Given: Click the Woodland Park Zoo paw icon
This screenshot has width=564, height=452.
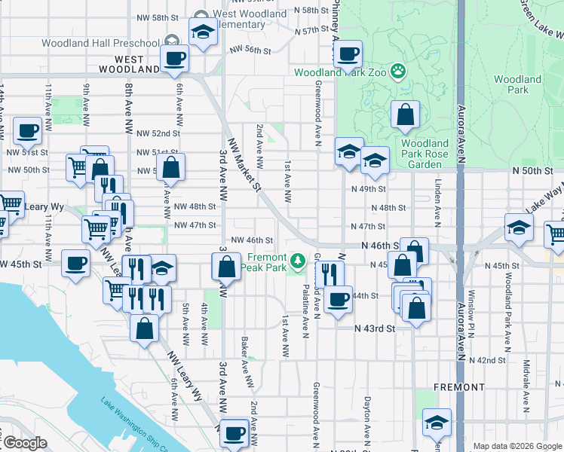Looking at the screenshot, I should [x=397, y=72].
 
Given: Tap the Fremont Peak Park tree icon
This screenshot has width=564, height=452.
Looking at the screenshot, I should [x=299, y=261].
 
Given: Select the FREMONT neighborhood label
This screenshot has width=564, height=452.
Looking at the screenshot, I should [x=460, y=387].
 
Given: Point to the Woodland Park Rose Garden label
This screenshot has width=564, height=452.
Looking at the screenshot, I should [x=425, y=154].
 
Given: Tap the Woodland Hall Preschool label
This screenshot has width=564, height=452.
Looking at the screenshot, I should [x=102, y=43].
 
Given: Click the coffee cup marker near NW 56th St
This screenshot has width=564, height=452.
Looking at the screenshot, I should [x=174, y=59].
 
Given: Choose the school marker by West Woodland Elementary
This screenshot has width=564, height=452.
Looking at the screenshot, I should [x=202, y=32].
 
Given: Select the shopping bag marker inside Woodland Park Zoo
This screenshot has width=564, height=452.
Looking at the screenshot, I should [x=406, y=115].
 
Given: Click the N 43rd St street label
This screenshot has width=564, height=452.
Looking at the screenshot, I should [x=375, y=328].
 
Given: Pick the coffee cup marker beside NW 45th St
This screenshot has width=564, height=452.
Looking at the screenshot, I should [x=75, y=264].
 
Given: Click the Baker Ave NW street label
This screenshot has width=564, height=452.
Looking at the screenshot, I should [x=244, y=356].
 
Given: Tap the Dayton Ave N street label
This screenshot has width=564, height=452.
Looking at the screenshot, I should [x=367, y=419].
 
